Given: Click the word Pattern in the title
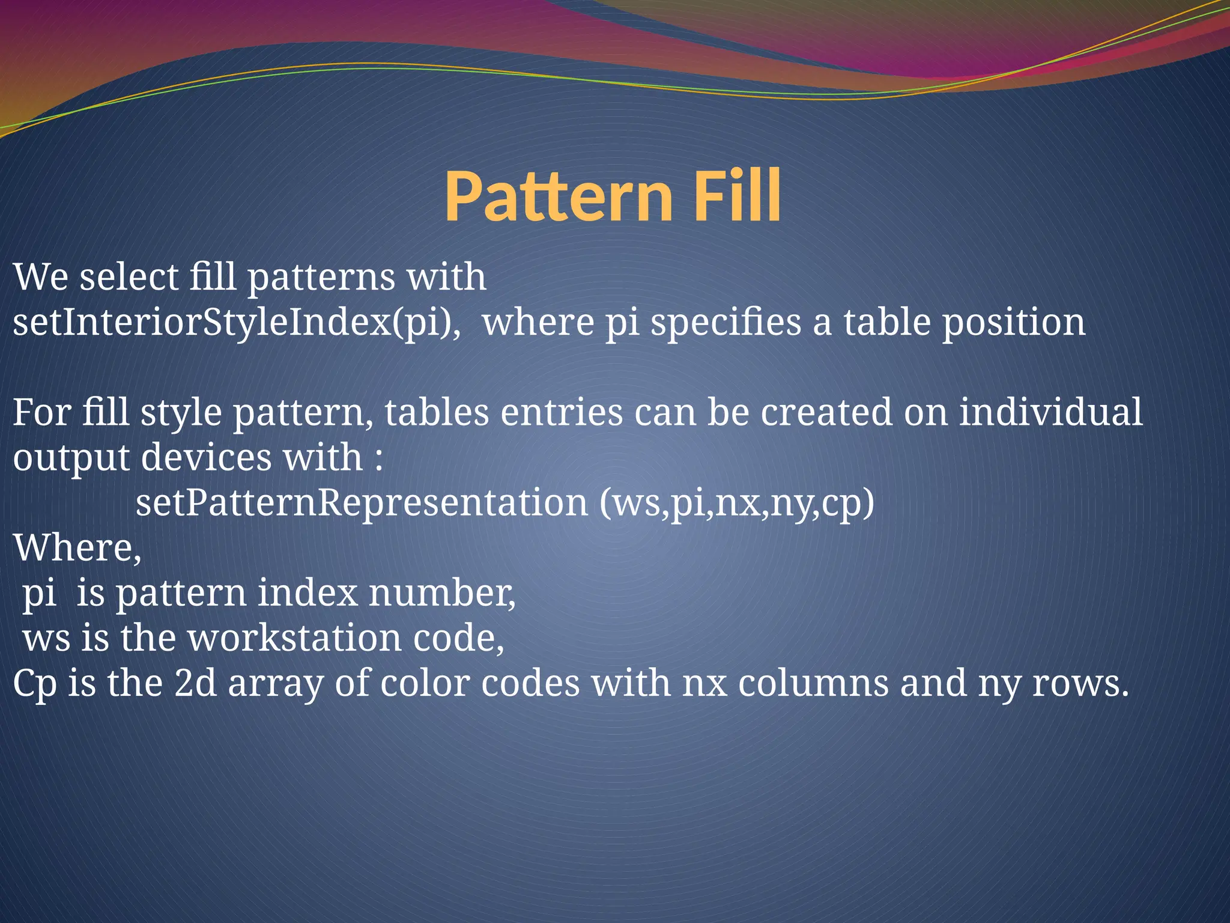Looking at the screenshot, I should click(558, 196).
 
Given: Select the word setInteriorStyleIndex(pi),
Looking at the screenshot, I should click(238, 322).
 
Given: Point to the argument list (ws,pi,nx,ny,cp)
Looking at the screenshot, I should click(737, 504).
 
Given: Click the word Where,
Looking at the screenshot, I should click(77, 548).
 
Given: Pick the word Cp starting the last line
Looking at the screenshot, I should click(34, 684).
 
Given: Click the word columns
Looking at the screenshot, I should click(813, 683).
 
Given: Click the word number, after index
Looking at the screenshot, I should click(441, 593).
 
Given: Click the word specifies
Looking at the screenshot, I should click(726, 322).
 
